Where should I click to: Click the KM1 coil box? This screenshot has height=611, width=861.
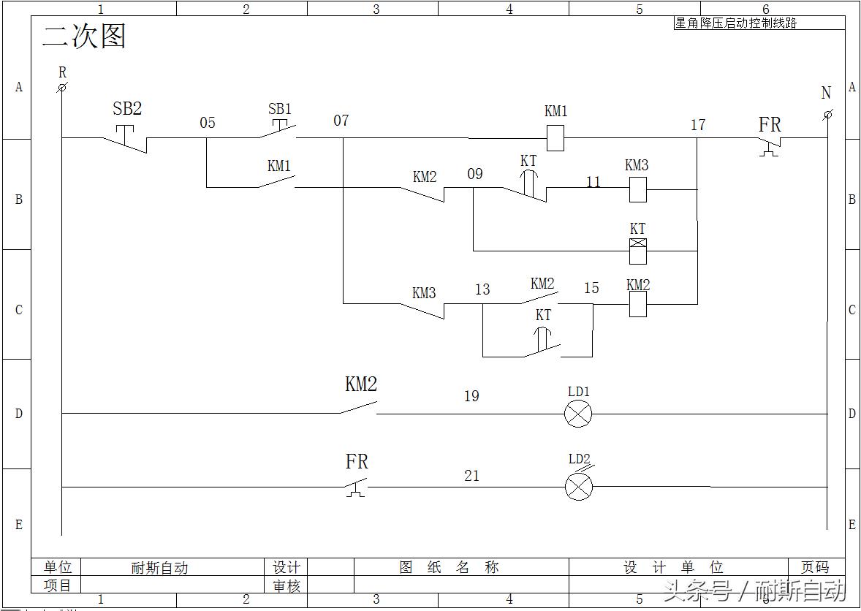pyautogui.click(x=555, y=138)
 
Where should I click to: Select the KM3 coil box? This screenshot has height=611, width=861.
pyautogui.click(x=637, y=190)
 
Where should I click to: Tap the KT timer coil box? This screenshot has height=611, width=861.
pyautogui.click(x=638, y=251)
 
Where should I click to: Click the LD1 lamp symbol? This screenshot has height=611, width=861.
pyautogui.click(x=578, y=414)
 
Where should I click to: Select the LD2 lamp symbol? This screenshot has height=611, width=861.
pyautogui.click(x=579, y=487)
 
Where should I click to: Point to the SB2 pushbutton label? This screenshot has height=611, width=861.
pyautogui.click(x=127, y=109)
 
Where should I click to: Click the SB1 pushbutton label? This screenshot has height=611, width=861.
pyautogui.click(x=280, y=109)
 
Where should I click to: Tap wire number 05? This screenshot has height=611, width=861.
pyautogui.click(x=208, y=122)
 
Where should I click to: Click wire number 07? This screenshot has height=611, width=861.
pyautogui.click(x=341, y=120)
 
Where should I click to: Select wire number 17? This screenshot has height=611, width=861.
pyautogui.click(x=698, y=124)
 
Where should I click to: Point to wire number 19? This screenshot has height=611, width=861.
pyautogui.click(x=471, y=396)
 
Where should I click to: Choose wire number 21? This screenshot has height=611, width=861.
pyautogui.click(x=472, y=476)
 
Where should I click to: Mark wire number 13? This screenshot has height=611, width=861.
pyautogui.click(x=482, y=289)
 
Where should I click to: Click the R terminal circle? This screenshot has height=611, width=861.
pyautogui.click(x=62, y=88)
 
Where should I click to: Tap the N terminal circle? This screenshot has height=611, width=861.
pyautogui.click(x=827, y=115)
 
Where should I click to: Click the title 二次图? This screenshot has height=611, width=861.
pyautogui.click(x=84, y=36)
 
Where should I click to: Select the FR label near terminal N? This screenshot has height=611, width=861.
pyautogui.click(x=770, y=124)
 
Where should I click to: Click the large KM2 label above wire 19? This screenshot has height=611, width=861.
pyautogui.click(x=361, y=384)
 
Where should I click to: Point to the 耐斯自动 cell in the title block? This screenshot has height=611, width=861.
pyautogui.click(x=159, y=568)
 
